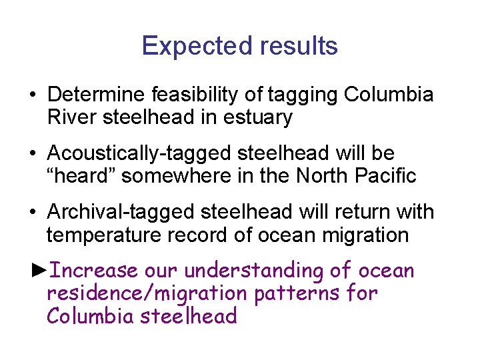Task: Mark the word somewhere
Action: coord(179,176)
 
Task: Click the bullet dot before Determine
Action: coord(33,95)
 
